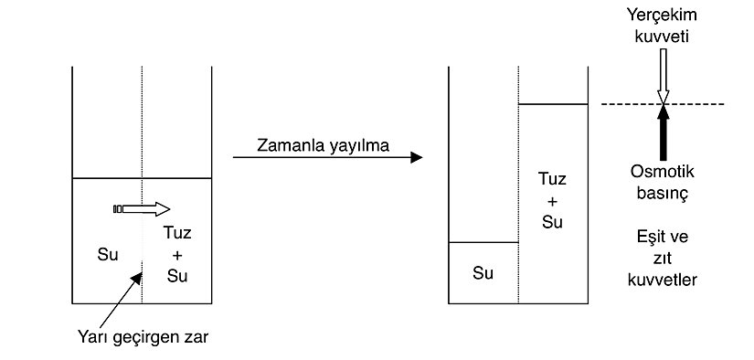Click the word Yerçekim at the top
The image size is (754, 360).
pyautogui.click(x=664, y=15)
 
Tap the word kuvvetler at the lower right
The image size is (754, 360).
pyautogui.click(x=664, y=280)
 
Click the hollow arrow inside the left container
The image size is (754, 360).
pyautogui.click(x=143, y=209)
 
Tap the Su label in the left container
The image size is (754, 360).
pyautogui.click(x=108, y=255)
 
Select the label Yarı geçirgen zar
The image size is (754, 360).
pyautogui.click(x=143, y=337)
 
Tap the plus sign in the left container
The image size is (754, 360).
pyautogui.click(x=177, y=255)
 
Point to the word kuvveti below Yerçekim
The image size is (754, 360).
pyautogui.click(x=664, y=36)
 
